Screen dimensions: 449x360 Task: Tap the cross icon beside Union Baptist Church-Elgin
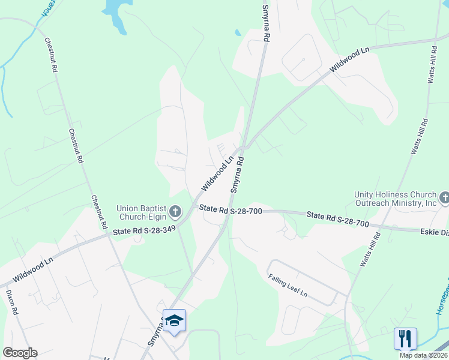pyautogui.click(x=175, y=211)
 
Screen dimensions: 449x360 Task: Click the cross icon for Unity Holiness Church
pyautogui.click(x=445, y=198)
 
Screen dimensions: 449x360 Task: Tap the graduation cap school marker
pyautogui.click(x=174, y=320)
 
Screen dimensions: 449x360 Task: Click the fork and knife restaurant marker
pyautogui.click(x=405, y=338)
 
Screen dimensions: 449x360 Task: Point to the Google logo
pyautogui.click(x=20, y=353)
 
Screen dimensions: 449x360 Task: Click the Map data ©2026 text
pyautogui.click(x=424, y=355)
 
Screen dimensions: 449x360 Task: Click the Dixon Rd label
pyautogui.click(x=12, y=304)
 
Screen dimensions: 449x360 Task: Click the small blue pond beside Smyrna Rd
pyautogui.click(x=238, y=32)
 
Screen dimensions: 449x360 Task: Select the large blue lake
pyautogui.click(x=116, y=12)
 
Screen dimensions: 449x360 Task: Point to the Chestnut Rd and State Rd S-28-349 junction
pyautogui.click(x=109, y=235)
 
